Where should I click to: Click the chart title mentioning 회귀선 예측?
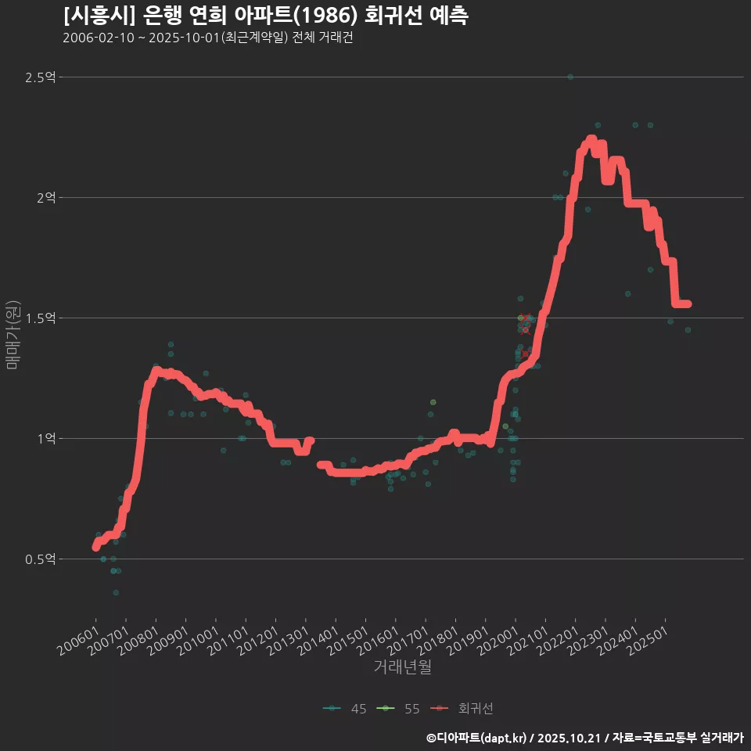click(266, 16)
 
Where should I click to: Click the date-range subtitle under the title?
click(207, 38)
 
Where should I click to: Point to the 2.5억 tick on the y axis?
click(41, 77)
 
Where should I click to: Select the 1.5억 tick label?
click(41, 318)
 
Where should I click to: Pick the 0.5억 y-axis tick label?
click(41, 559)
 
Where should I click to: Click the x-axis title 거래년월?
click(402, 667)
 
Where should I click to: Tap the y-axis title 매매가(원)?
click(13, 335)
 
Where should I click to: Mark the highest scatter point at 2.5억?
click(570, 77)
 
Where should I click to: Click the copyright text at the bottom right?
click(584, 737)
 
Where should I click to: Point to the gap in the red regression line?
click(315, 452)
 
